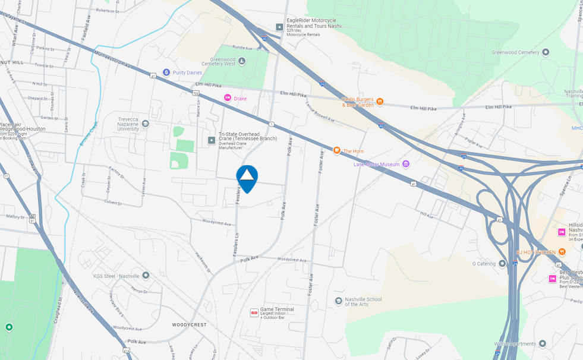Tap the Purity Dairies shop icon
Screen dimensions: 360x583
[x=166, y=72]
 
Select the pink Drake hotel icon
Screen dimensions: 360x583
[x=227, y=98]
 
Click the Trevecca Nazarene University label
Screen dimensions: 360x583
[x=128, y=124]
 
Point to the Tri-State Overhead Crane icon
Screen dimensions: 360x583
[x=212, y=140]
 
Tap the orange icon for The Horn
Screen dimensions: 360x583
[x=336, y=151]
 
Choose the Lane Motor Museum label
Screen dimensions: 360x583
[x=377, y=165]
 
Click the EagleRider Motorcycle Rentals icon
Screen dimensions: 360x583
[x=279, y=27]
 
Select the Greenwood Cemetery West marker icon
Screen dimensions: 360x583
[x=242, y=60]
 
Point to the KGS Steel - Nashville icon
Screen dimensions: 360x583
[x=146, y=275]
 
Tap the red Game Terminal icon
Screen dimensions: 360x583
[x=254, y=312]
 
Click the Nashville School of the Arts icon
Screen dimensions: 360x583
[x=338, y=301]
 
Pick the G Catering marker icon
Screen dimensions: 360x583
[x=502, y=263]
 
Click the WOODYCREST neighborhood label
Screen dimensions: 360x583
[x=190, y=325]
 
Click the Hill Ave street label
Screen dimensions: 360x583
[x=427, y=215]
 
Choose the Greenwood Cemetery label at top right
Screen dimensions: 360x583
[x=515, y=52]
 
